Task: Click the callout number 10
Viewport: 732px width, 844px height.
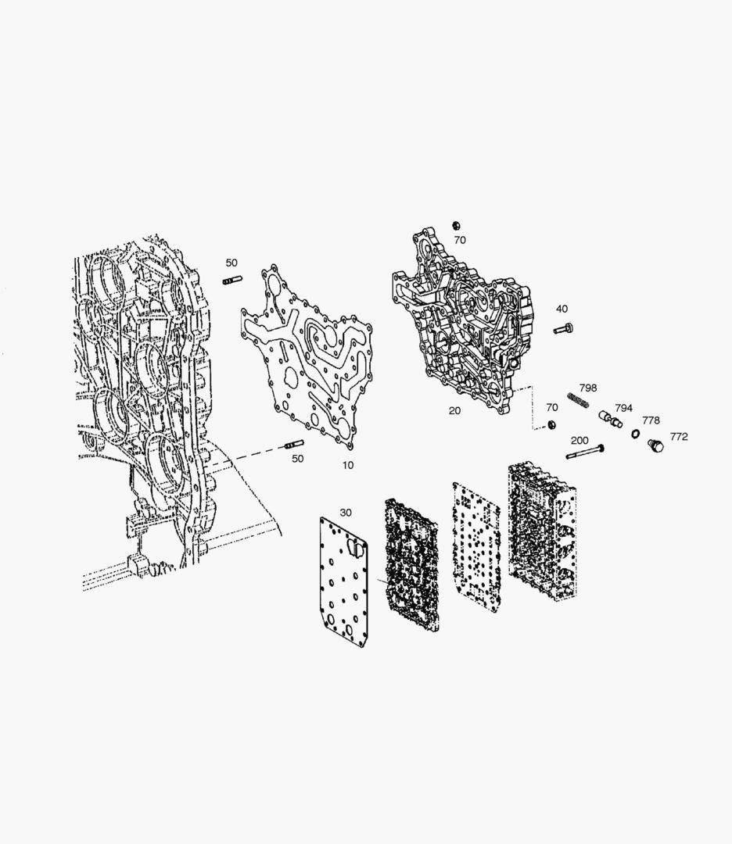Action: click(x=348, y=465)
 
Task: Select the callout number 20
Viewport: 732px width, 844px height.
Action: click(x=454, y=411)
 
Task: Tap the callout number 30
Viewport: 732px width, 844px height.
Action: click(x=345, y=513)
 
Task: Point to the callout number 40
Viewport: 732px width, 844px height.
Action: click(x=562, y=309)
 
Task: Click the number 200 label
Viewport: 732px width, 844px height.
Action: click(x=579, y=441)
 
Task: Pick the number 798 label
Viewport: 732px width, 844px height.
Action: click(x=588, y=388)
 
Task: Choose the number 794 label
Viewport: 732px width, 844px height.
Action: click(x=624, y=409)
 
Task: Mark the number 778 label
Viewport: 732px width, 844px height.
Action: click(x=651, y=420)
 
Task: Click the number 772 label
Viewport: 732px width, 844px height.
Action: click(x=679, y=437)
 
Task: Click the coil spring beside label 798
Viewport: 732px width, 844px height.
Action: click(x=579, y=401)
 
